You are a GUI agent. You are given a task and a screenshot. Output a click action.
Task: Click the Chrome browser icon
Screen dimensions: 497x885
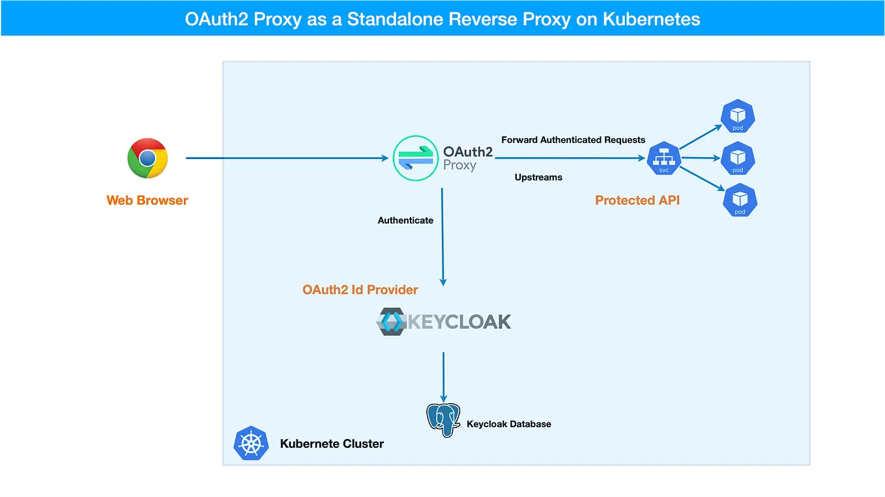pos(147,158)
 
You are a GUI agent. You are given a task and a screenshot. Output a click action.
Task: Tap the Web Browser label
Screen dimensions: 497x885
pos(147,200)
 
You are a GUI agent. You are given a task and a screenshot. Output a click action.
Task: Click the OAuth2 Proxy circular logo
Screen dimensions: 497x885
pos(415,158)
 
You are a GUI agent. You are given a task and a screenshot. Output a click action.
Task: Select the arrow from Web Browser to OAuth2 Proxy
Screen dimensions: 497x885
pos(287,158)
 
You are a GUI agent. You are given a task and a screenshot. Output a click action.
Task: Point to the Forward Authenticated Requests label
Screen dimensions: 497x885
pos(573,140)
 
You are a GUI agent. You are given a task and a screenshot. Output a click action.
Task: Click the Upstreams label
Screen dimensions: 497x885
pos(538,177)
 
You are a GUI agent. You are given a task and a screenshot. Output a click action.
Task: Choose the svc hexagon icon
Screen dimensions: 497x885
pos(663,158)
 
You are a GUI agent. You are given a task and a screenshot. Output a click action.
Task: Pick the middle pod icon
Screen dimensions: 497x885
pos(738,158)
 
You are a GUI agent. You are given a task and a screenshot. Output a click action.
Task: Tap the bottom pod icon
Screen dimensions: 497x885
pos(740,200)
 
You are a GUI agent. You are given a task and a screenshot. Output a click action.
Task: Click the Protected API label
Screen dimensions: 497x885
pos(637,200)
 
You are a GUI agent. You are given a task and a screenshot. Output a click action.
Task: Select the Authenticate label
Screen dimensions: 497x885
pos(405,220)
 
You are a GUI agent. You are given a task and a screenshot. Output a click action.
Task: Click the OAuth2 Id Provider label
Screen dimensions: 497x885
pos(360,290)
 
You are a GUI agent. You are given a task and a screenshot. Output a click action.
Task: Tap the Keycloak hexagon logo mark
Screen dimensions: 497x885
pos(392,322)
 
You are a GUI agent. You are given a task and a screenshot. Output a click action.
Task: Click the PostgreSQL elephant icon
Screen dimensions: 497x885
pos(443,420)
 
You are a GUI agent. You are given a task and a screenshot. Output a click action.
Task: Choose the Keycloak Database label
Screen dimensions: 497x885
pos(509,424)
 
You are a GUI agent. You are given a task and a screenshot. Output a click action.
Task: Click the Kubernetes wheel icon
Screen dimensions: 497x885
pos(251,444)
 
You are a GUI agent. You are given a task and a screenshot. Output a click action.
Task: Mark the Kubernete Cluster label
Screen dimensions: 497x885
pos(332,444)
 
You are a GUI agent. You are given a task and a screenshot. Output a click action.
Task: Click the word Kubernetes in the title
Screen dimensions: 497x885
pos(651,19)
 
